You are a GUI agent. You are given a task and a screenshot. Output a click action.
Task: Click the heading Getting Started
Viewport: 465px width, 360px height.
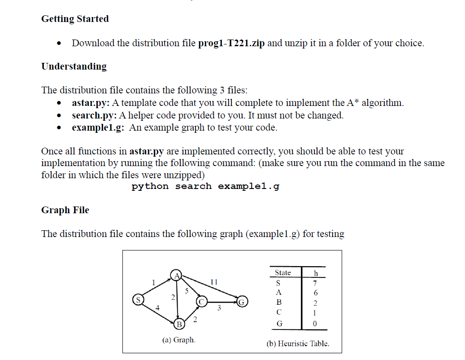coord(75,19)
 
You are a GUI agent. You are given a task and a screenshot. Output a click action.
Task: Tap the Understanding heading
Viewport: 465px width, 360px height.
coord(74,66)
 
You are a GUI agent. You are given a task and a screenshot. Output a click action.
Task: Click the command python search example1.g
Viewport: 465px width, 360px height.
coord(205,186)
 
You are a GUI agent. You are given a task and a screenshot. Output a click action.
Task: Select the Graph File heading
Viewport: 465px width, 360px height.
coord(65,210)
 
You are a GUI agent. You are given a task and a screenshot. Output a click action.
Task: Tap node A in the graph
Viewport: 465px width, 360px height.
coord(176,275)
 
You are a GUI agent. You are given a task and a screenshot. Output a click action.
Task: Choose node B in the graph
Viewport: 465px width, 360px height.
coord(179,324)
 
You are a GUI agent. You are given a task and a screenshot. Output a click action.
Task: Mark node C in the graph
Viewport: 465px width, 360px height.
coord(201,301)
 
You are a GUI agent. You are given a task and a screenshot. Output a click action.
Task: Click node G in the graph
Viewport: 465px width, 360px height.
coord(242,301)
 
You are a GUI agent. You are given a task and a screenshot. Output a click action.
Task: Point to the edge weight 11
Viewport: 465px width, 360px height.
coord(214,282)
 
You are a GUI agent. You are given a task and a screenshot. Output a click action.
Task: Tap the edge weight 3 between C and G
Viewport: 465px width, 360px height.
coord(219,308)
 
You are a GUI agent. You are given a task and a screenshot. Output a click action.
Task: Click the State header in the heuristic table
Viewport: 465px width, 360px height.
coord(282,273)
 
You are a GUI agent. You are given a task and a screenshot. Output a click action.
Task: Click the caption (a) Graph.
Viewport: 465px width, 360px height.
coord(178,340)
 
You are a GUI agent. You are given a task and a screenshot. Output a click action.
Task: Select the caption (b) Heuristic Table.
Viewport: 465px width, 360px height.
coord(298,343)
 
